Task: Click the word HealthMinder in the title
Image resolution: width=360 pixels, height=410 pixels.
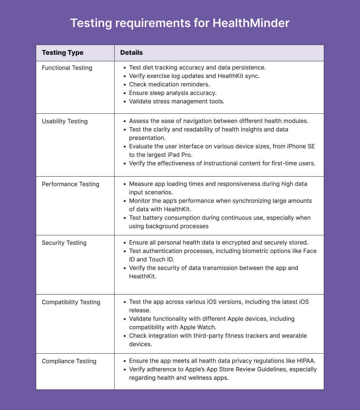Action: (251, 23)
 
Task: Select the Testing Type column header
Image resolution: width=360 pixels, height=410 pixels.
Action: (63, 53)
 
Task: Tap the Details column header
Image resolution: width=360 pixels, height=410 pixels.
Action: (131, 53)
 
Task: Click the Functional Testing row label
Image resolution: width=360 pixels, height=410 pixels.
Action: (67, 68)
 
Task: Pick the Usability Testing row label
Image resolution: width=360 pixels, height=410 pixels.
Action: (65, 121)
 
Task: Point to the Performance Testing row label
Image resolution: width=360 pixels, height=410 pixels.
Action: (70, 184)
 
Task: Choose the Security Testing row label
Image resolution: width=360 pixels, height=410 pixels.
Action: (64, 243)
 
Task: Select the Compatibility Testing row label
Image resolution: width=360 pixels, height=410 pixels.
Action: (71, 302)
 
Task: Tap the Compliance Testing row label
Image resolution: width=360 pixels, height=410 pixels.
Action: (69, 361)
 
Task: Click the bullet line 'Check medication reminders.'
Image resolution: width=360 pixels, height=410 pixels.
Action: (169, 84)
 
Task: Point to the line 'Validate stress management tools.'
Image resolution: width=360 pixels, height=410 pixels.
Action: (177, 101)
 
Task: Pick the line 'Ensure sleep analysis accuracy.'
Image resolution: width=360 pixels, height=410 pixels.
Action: (173, 93)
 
